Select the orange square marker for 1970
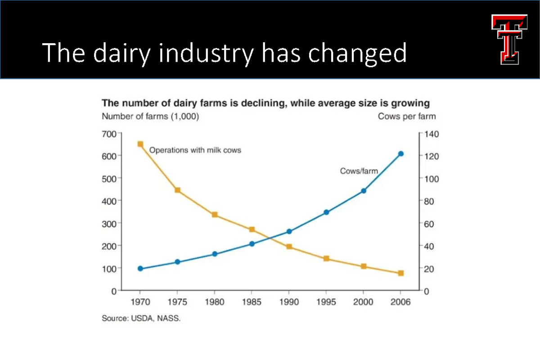140,144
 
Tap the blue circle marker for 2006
401,154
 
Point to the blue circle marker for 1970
140,269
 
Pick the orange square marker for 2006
401,273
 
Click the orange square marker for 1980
215,215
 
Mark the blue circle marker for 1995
326,212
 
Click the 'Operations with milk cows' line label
195,150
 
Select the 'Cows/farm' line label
358,171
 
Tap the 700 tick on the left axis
111,134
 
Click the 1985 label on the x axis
252,302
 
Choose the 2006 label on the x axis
401,302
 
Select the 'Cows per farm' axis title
407,117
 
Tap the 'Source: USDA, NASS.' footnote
141,318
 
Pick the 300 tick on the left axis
111,224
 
